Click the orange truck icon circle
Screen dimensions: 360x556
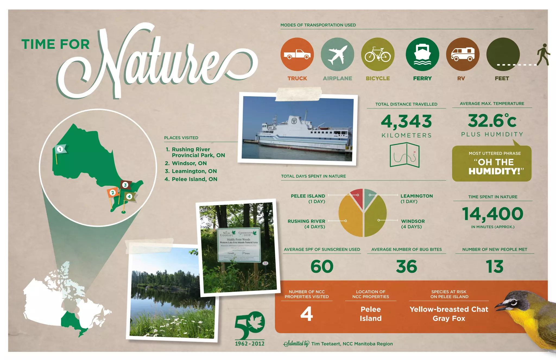[x=297, y=54]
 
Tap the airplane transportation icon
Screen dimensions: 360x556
[x=337, y=54]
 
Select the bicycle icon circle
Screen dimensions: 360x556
[x=378, y=54]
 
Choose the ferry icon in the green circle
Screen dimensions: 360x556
[x=422, y=54]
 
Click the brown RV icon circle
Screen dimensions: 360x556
[x=463, y=54]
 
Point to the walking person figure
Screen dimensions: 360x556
[x=543, y=55]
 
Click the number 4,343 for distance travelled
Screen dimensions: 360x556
[x=406, y=121]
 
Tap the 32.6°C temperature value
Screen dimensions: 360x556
[x=492, y=121]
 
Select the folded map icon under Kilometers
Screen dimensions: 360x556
[x=405, y=155]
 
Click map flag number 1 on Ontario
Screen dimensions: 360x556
[x=60, y=149]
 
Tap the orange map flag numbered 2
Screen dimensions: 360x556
[x=112, y=193]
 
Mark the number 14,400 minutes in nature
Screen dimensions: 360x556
[x=492, y=214]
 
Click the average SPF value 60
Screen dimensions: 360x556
[x=322, y=267]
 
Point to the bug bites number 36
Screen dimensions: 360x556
[x=406, y=267]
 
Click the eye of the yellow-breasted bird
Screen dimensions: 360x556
[x=513, y=302]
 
